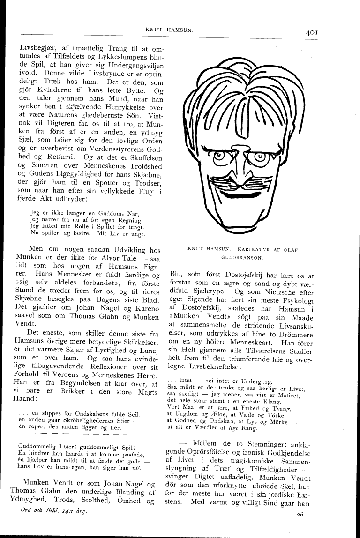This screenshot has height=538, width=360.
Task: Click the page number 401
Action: pos(312,32)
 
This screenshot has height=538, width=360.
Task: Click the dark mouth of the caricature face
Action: pos(241,193)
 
